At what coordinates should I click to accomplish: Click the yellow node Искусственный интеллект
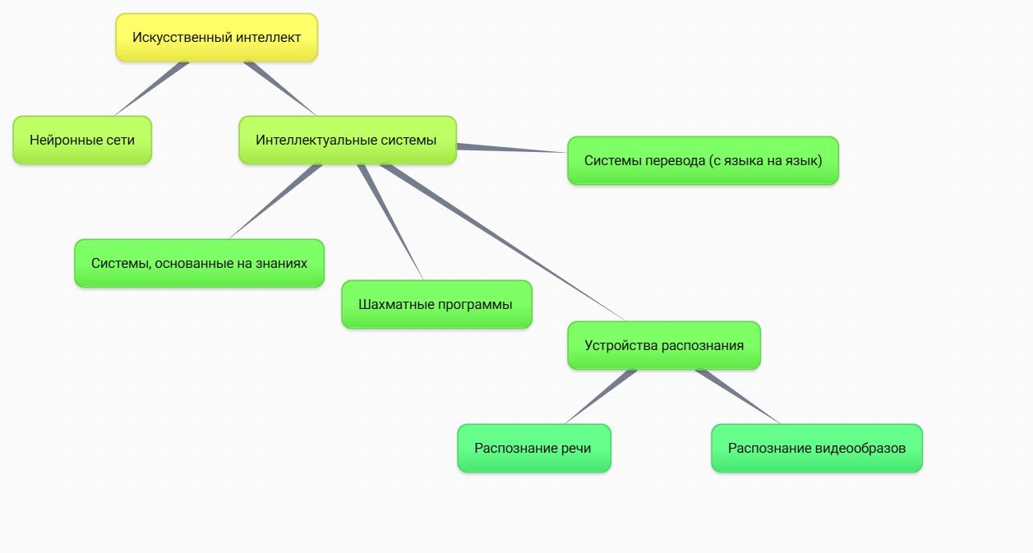pyautogui.click(x=216, y=38)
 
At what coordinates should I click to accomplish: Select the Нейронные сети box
pyautogui.click(x=82, y=140)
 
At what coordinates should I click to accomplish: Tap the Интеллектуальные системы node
pyautogui.click(x=347, y=140)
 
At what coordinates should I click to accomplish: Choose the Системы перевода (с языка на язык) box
pyautogui.click(x=703, y=160)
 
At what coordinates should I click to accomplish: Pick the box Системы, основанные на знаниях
pyautogui.click(x=199, y=263)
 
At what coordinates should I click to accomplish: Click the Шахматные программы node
pyautogui.click(x=436, y=304)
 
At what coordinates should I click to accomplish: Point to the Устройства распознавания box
pyautogui.click(x=664, y=345)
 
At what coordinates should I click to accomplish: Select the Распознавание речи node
pyautogui.click(x=533, y=448)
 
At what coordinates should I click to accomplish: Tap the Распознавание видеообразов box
pyautogui.click(x=816, y=448)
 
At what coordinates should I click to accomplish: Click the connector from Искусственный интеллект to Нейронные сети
pyautogui.click(x=152, y=88)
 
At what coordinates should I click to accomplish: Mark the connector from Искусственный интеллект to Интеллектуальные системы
pyautogui.click(x=279, y=88)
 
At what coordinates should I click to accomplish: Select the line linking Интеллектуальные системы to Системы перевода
pyautogui.click(x=510, y=149)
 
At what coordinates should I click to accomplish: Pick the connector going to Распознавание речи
pyautogui.click(x=600, y=397)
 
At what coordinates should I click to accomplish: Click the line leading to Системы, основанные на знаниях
pyautogui.click(x=275, y=201)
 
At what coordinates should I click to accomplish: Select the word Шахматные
pyautogui.click(x=390, y=304)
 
